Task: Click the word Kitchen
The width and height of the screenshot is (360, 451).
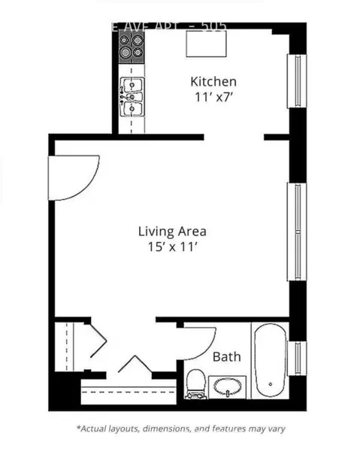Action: click(213, 81)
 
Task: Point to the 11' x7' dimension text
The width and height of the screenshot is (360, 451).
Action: click(213, 97)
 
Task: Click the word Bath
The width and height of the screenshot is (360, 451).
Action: click(226, 356)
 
